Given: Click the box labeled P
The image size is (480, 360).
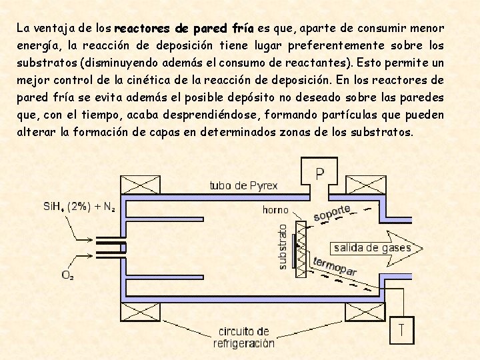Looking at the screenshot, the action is [x=319, y=175].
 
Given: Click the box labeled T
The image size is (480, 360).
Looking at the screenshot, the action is [x=401, y=329].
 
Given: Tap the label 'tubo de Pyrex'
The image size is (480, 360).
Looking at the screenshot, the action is [x=243, y=185].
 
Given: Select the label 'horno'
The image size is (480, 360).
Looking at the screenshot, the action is [x=275, y=210].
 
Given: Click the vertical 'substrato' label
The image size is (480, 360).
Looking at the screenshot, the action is [x=283, y=246].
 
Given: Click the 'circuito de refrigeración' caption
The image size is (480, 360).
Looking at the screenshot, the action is [x=243, y=337].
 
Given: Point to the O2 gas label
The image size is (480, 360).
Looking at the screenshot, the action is [x=68, y=275].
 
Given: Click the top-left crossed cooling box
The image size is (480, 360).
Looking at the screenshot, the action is [x=139, y=185].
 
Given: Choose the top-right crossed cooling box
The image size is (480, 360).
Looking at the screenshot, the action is [x=364, y=185].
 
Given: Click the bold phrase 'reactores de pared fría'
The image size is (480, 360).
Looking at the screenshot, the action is [x=184, y=29].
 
